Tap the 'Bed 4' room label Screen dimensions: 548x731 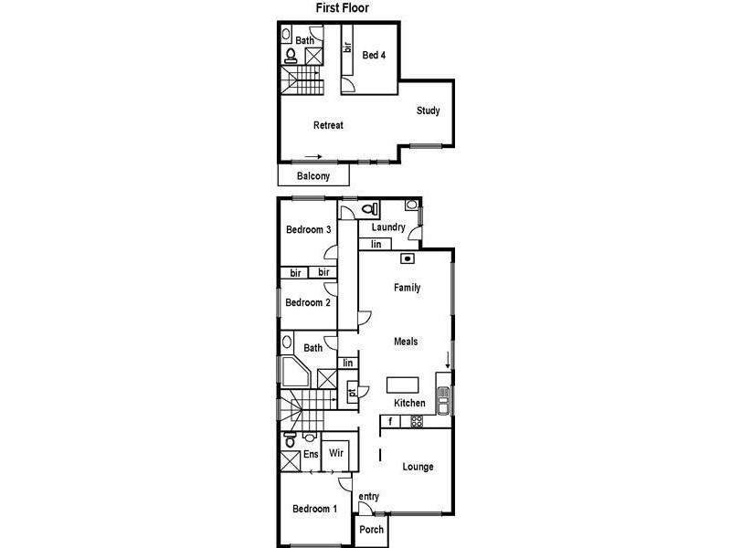(373, 56)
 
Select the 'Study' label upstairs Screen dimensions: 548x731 (429, 111)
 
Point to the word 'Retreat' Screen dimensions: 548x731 (328, 125)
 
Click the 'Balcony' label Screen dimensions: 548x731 (313, 176)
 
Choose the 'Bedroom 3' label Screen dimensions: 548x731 (308, 229)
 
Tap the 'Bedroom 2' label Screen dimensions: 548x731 (308, 303)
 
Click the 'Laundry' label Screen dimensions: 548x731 (388, 227)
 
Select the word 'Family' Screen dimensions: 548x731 (407, 288)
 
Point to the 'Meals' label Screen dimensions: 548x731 (406, 342)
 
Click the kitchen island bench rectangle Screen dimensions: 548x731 (402, 384)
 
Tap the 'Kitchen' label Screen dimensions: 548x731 (409, 404)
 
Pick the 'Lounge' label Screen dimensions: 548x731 (418, 468)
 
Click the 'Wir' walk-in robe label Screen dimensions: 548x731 (336, 453)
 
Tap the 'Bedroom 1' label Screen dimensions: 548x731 (314, 509)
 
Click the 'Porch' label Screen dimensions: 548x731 (371, 530)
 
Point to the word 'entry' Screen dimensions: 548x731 (368, 497)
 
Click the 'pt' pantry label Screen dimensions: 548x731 (351, 394)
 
